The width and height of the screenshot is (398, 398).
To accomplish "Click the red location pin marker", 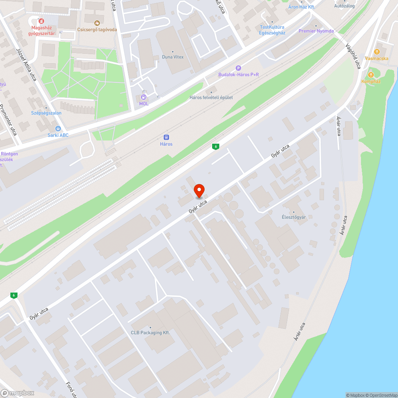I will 199,191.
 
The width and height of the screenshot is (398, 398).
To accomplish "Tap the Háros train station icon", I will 166,137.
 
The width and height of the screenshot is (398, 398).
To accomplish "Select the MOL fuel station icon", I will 144,97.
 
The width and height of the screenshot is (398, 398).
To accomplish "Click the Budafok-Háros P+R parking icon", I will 238,68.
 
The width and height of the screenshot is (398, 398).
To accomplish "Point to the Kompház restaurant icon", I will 371,74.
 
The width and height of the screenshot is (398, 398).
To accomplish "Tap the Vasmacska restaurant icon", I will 376,51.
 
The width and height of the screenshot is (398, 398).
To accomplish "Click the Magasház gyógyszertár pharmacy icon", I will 41,21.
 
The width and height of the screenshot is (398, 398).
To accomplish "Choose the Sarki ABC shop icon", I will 58,128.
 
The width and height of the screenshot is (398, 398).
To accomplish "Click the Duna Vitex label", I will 173,57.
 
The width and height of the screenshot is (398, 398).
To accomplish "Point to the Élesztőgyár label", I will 294,217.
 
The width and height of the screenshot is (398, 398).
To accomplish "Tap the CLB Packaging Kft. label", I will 150,332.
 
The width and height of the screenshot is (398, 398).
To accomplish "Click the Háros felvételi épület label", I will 211,98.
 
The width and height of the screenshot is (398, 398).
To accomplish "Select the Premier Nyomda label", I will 316,31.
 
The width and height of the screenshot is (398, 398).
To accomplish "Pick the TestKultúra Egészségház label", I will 272,30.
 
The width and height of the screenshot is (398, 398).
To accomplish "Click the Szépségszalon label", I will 46,113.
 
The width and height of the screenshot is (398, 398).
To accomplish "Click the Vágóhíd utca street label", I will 353,56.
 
